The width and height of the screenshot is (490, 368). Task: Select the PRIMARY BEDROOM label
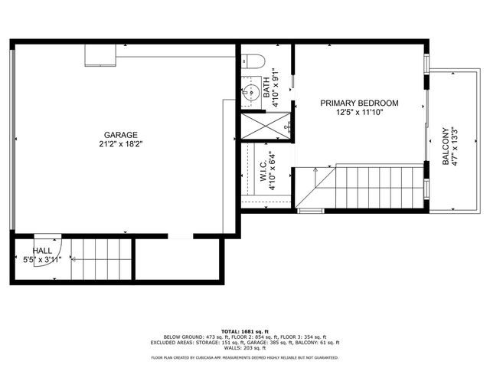pos(359,103)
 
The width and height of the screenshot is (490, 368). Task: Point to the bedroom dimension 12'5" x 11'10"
pos(359,113)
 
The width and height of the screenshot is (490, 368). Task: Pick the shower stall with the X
pos(265,126)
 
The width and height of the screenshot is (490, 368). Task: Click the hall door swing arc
pos(46,238)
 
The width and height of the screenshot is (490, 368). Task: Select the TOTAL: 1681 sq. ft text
pos(244,329)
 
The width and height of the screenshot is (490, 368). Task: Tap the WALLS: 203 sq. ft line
pos(244,348)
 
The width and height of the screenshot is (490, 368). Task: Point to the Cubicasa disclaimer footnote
pos(244,357)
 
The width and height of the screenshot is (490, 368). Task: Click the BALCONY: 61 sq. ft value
pos(324,342)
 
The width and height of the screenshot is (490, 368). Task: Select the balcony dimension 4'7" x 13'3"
pos(456,146)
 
